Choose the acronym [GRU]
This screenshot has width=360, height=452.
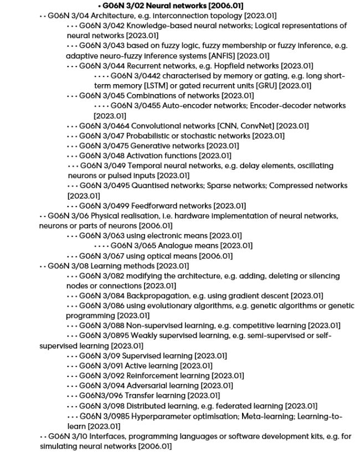click(266, 86)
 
